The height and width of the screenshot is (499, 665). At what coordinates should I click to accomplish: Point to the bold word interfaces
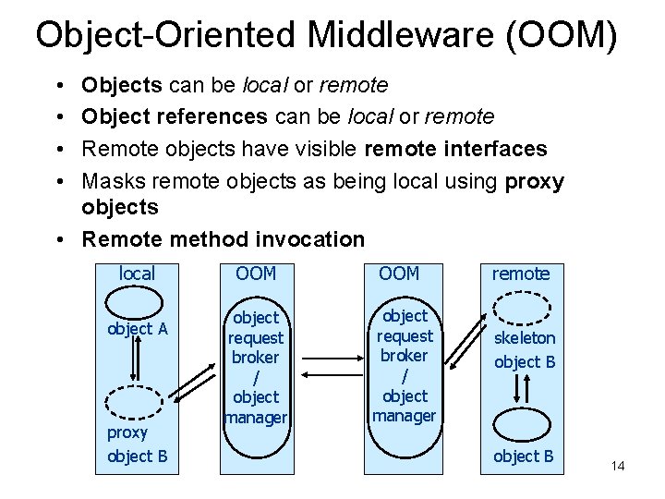click(x=494, y=149)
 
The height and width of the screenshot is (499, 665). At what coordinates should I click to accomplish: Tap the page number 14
click(x=618, y=466)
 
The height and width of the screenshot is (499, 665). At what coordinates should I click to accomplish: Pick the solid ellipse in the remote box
click(x=524, y=425)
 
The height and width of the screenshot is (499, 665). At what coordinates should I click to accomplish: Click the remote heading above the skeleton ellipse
click(x=521, y=273)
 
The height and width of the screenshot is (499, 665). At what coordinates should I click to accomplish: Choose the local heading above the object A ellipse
click(x=137, y=273)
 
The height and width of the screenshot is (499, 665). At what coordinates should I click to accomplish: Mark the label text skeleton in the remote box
click(x=525, y=338)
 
